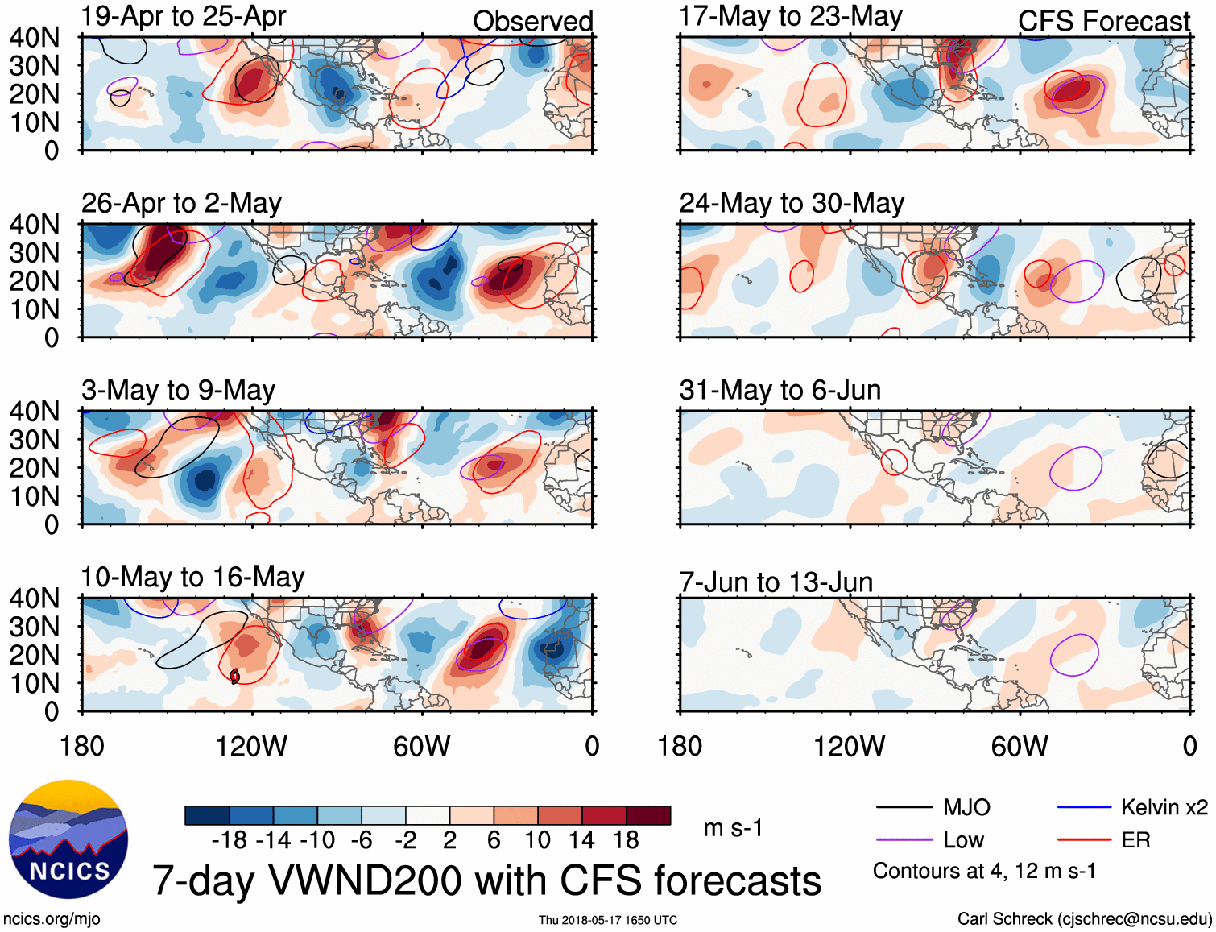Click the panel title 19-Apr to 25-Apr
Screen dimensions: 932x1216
coord(184,17)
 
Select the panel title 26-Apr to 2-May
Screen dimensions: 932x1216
coord(181,203)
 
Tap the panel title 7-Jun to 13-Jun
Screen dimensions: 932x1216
coord(776,582)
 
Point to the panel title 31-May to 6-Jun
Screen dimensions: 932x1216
coord(780,390)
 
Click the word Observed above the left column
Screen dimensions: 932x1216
coord(533,21)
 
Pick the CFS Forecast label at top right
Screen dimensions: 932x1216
coord(1104,21)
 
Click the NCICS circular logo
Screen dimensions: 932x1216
coord(68,839)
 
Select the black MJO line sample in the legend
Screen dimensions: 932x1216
coord(904,807)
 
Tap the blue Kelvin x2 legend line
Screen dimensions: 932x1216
coord(1084,807)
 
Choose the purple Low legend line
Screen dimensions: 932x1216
coord(904,840)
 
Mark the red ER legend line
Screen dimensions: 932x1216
coord(1084,840)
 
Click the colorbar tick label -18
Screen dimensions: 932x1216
coord(230,840)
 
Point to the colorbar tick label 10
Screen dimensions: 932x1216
coord(537,840)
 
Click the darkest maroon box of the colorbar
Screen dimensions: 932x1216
coord(648,815)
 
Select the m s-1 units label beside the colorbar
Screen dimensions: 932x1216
coord(733,828)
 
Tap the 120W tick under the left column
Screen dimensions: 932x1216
coord(251,747)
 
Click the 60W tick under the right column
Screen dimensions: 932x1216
coord(1020,747)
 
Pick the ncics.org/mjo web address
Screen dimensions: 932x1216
coord(52,919)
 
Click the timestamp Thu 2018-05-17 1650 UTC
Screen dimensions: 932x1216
coord(608,920)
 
